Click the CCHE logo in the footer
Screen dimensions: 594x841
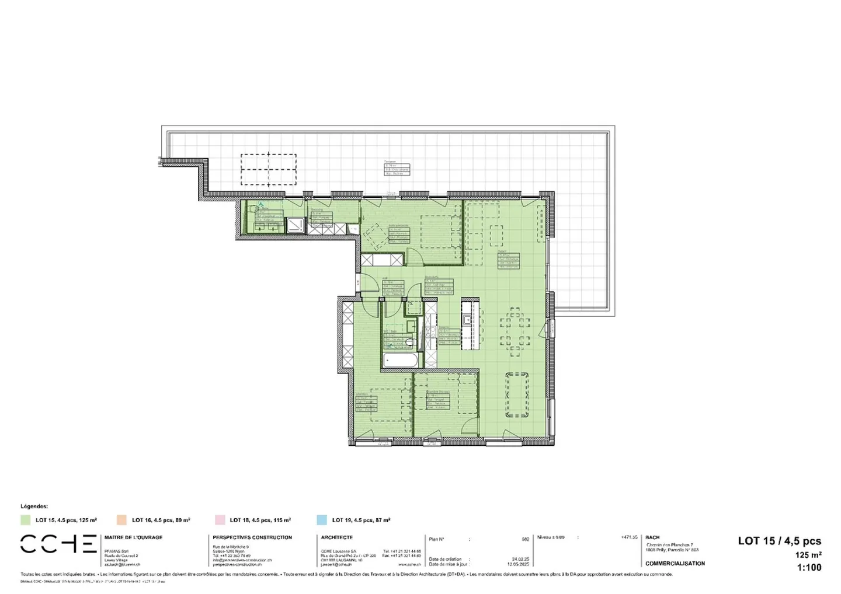coord(58,544)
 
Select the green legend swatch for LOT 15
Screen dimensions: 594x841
coord(25,520)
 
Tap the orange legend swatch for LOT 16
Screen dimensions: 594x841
coord(121,520)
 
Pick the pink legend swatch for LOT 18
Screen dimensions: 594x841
coord(220,520)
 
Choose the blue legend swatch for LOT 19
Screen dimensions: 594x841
coord(322,520)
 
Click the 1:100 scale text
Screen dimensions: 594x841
coord(808,567)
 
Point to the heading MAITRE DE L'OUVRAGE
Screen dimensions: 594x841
coord(133,537)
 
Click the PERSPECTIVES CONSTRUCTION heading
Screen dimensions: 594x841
coord(252,537)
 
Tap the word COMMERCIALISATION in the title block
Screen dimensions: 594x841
coord(675,564)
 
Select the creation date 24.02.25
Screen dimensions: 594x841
coord(520,559)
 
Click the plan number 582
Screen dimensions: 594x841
coord(525,539)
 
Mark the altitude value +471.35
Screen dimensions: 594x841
coord(629,537)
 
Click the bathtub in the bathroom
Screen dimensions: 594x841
coord(400,360)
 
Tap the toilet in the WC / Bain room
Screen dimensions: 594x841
coord(410,342)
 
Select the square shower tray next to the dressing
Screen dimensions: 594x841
coord(295,225)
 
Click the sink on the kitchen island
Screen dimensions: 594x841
coord(467,319)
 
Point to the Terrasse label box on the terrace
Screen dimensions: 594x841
coord(397,169)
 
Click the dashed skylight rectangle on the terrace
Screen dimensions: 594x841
coord(269,169)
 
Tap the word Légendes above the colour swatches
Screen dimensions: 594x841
coord(34,506)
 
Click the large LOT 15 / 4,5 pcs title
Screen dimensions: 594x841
coord(779,541)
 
